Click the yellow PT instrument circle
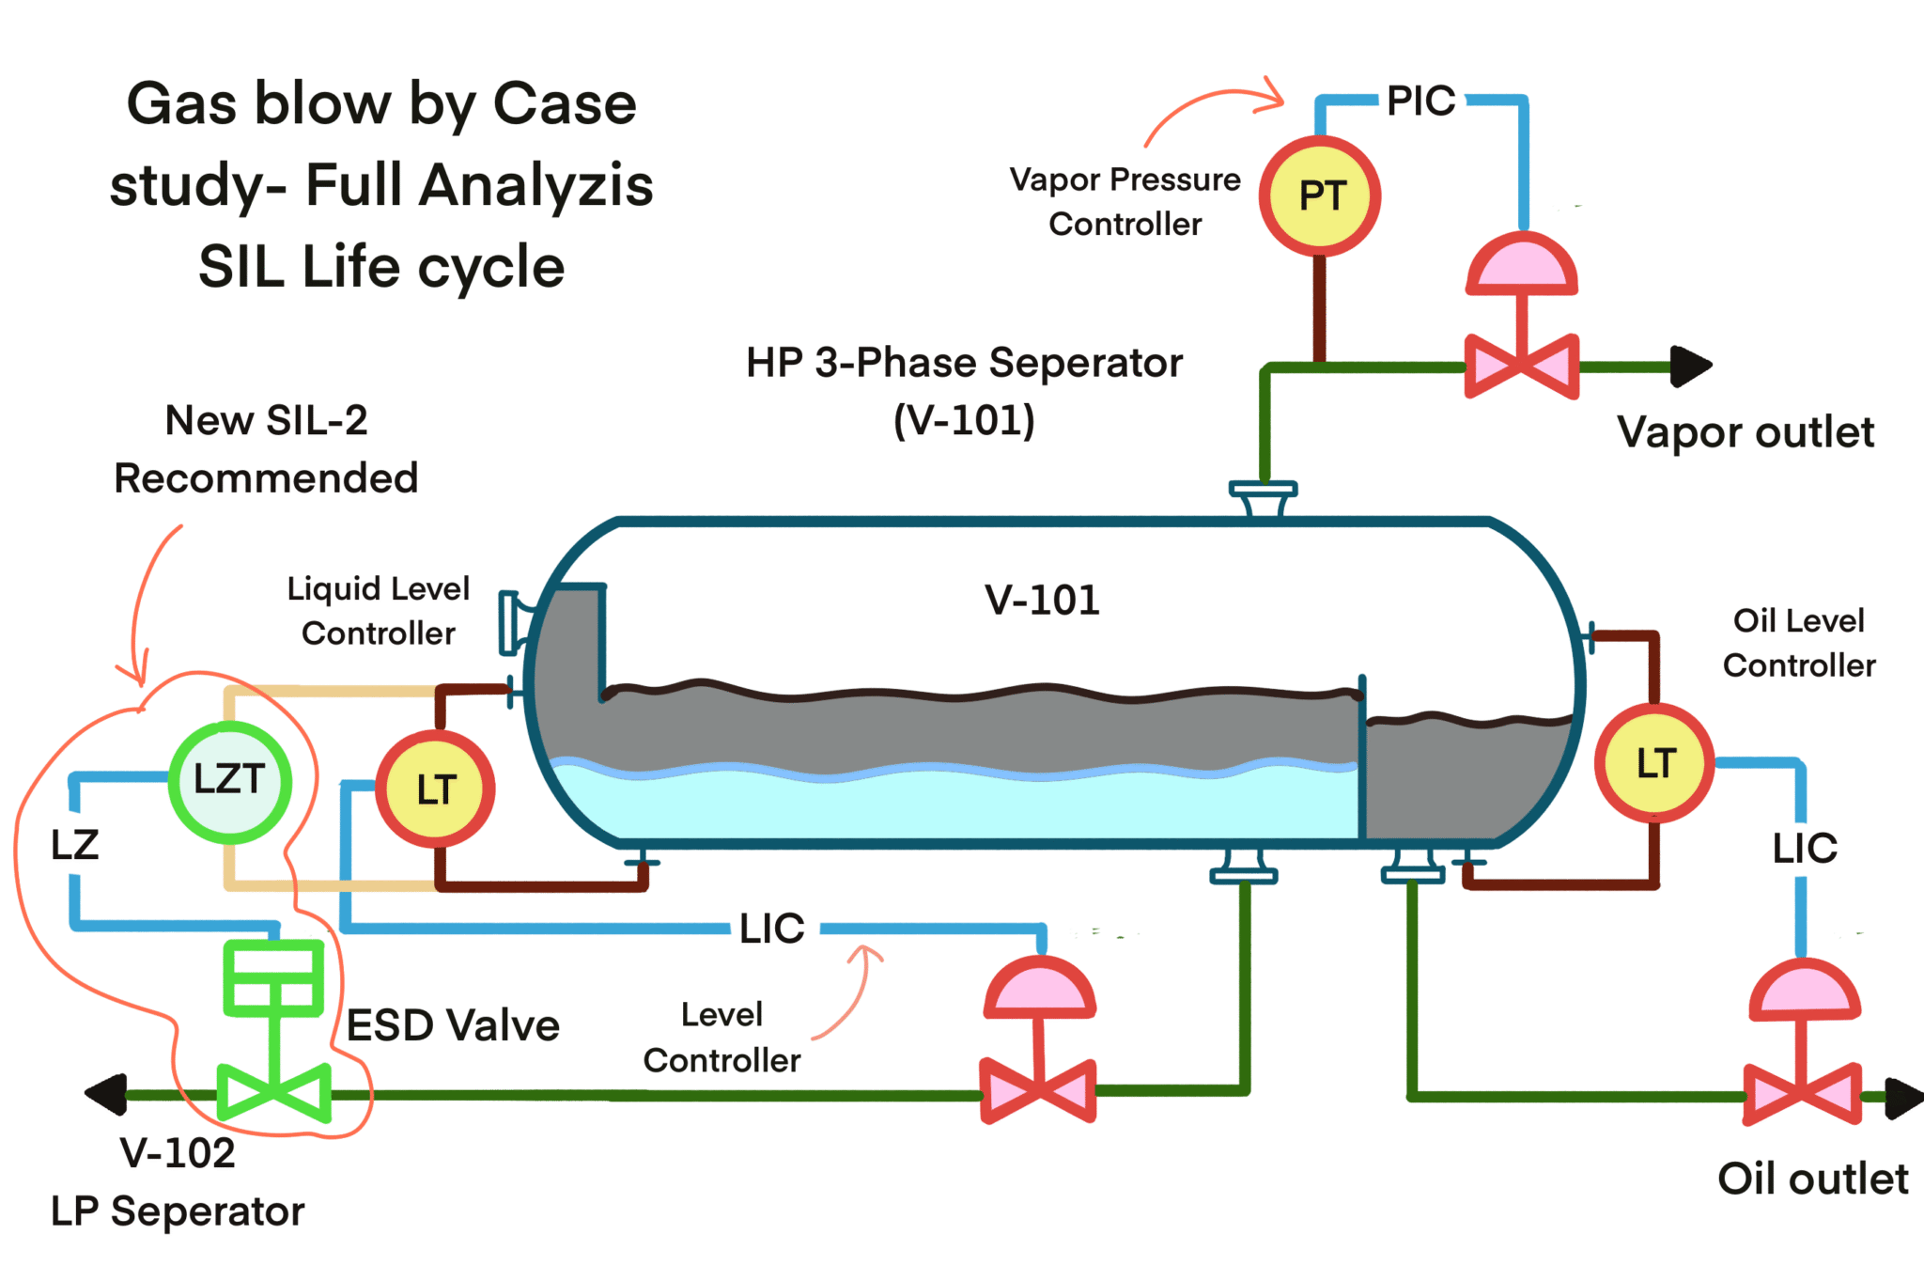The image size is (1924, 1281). (x=1320, y=195)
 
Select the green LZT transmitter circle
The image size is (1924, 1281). (x=229, y=781)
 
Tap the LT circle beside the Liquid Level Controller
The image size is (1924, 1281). (x=436, y=789)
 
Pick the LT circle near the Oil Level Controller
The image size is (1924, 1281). (x=1655, y=763)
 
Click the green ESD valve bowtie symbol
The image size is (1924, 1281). (x=273, y=1093)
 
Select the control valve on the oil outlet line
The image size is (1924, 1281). (x=1802, y=1094)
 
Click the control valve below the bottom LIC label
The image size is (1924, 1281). (x=1038, y=1091)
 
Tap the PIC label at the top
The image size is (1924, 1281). (x=1420, y=101)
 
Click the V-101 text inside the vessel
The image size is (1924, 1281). (x=1042, y=600)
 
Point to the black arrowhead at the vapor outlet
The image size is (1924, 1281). (x=1691, y=366)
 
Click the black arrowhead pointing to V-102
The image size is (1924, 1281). (x=106, y=1094)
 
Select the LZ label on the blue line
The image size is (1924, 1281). (x=74, y=845)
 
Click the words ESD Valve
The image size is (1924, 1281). (x=453, y=1025)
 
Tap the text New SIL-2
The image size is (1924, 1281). (x=266, y=420)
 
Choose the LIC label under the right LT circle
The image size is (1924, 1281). (x=1804, y=849)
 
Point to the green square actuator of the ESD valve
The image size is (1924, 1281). (x=273, y=978)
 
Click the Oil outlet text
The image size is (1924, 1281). (x=1812, y=1179)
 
